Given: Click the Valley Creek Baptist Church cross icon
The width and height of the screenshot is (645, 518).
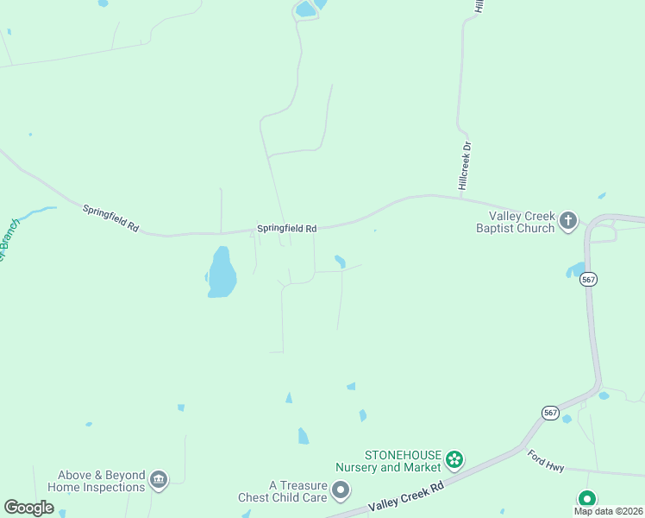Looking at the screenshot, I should (567, 221).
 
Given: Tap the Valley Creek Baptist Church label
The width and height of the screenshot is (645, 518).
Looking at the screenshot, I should (518, 222).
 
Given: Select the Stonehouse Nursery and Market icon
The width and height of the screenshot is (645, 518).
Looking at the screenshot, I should (455, 461).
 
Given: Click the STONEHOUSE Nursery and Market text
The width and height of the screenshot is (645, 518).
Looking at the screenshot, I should (403, 461).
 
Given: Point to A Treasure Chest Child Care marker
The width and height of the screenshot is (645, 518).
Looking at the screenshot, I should (341, 491).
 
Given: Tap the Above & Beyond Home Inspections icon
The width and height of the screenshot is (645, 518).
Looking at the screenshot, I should (158, 480).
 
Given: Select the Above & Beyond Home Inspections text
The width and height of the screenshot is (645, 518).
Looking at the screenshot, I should (97, 481).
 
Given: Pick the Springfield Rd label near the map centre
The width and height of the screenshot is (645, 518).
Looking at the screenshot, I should (287, 229).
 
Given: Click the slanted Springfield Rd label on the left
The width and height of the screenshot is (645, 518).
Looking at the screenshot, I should (111, 217).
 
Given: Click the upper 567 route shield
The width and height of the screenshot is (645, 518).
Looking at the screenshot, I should (588, 279).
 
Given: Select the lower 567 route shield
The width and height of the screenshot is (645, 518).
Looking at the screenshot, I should (552, 413).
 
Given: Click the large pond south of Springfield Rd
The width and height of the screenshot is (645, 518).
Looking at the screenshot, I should (222, 272).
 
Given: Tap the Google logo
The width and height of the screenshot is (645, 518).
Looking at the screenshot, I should (28, 508).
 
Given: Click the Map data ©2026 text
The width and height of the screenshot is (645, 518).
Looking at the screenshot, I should (609, 511).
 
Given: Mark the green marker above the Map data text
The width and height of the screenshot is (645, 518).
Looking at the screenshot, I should (587, 499).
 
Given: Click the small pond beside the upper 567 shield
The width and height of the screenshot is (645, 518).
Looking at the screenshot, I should (575, 270).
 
